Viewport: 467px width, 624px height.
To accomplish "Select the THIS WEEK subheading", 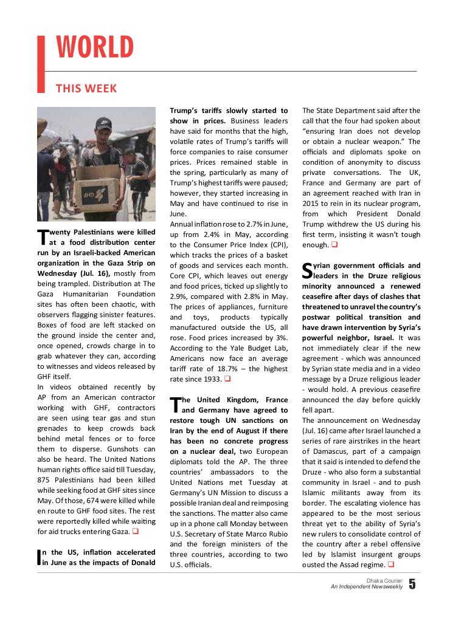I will coord(86,89).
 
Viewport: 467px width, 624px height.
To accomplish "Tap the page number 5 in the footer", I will coord(412,585).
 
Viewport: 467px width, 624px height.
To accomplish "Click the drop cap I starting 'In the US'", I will coord(40,557).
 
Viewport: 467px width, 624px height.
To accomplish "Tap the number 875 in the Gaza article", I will coord(46,480).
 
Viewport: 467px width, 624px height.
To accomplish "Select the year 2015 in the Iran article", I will coord(314,204).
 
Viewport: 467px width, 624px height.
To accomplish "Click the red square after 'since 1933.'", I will coord(227,379).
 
